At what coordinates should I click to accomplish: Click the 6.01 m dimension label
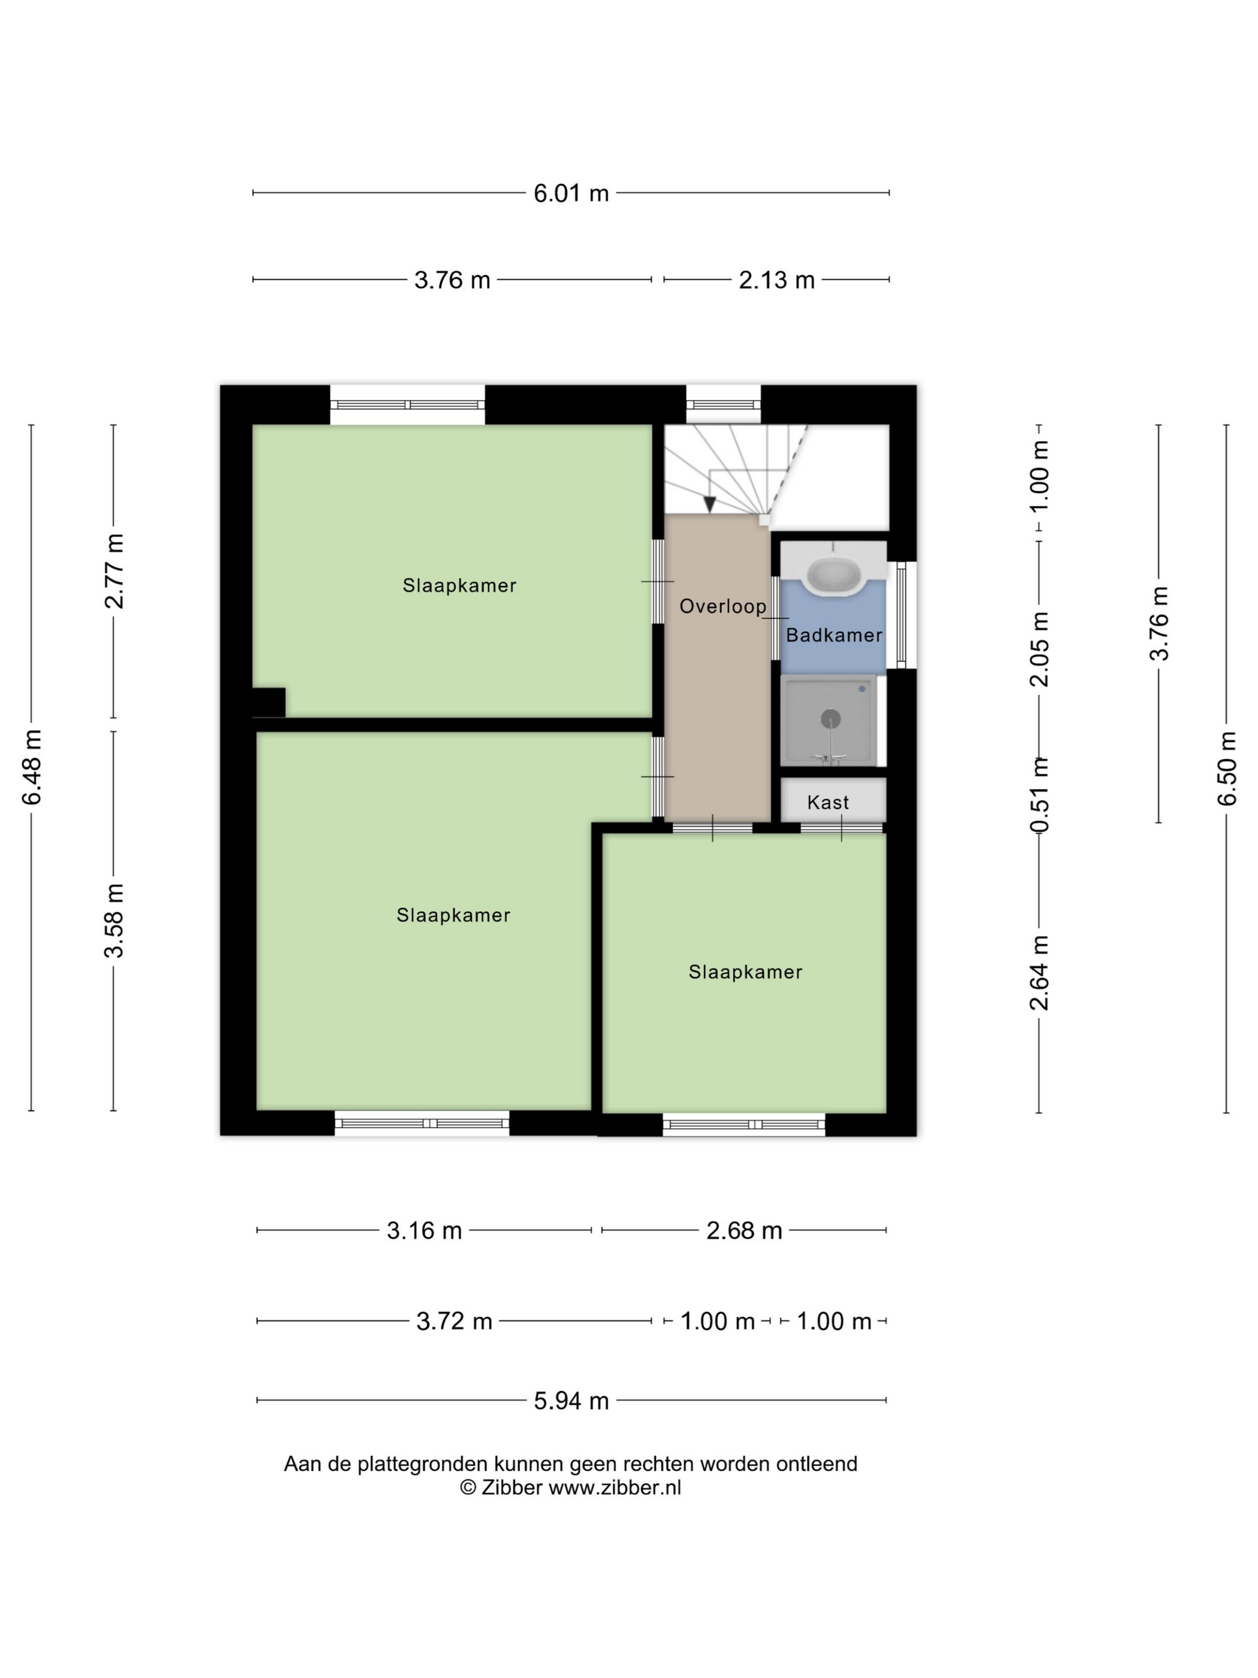pyautogui.click(x=571, y=194)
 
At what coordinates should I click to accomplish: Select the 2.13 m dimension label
pyautogui.click(x=776, y=280)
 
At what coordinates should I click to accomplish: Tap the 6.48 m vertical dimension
pyautogui.click(x=32, y=767)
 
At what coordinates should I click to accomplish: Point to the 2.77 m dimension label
pyautogui.click(x=114, y=572)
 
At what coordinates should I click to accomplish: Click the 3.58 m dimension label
pyautogui.click(x=114, y=920)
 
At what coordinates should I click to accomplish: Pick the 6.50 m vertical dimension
pyautogui.click(x=1227, y=768)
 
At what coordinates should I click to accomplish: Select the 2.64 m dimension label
pyautogui.click(x=1039, y=973)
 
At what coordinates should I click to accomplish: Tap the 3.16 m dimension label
pyautogui.click(x=425, y=1230)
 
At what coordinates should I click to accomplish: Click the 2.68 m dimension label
pyautogui.click(x=744, y=1230)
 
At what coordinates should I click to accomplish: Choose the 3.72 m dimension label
pyautogui.click(x=454, y=1321)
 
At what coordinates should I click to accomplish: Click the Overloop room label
pyautogui.click(x=722, y=606)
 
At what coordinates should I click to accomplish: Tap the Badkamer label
pyautogui.click(x=834, y=635)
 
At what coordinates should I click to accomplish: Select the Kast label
pyautogui.click(x=828, y=802)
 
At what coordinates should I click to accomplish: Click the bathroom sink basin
pyautogui.click(x=833, y=577)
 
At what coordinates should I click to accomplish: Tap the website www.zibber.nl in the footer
pyautogui.click(x=615, y=1487)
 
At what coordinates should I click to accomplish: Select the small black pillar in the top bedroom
pyautogui.click(x=269, y=702)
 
